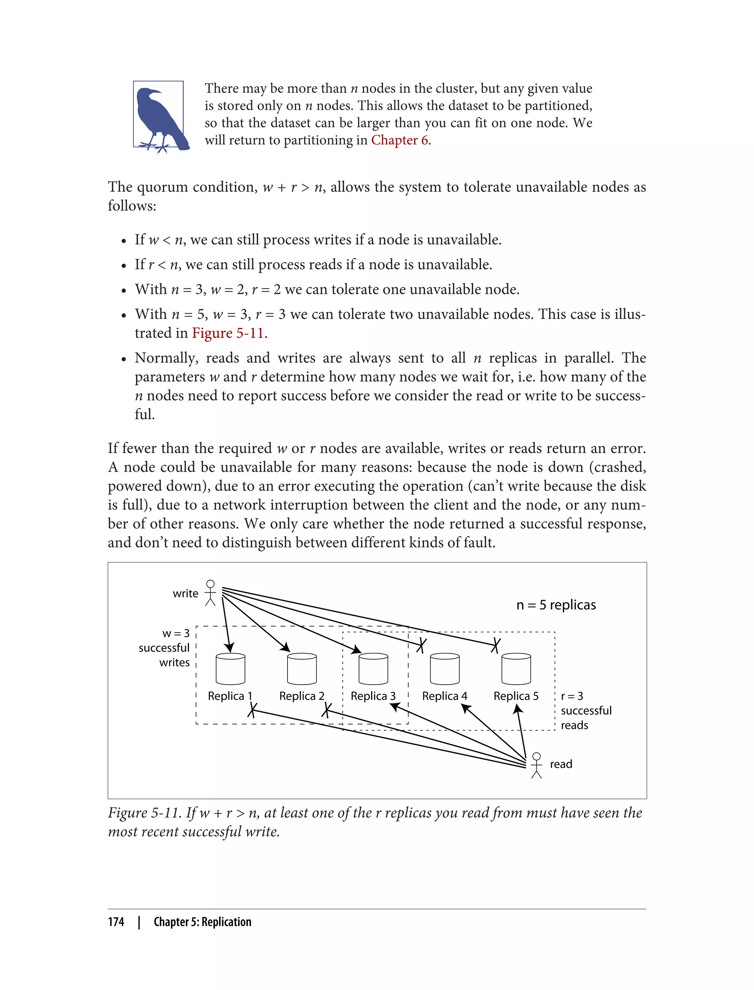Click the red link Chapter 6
point(399,140)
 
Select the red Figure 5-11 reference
point(228,333)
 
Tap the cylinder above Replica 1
point(230,669)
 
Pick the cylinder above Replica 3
point(373,669)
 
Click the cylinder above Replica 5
point(516,669)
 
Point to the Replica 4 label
point(444,696)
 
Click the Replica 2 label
point(302,696)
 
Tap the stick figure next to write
point(210,593)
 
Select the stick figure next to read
point(536,765)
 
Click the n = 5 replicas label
point(556,605)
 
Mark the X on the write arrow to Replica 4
point(421,645)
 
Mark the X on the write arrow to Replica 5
point(495,645)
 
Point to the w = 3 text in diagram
point(176,633)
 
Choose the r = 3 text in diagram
point(572,696)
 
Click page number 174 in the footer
point(116,922)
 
